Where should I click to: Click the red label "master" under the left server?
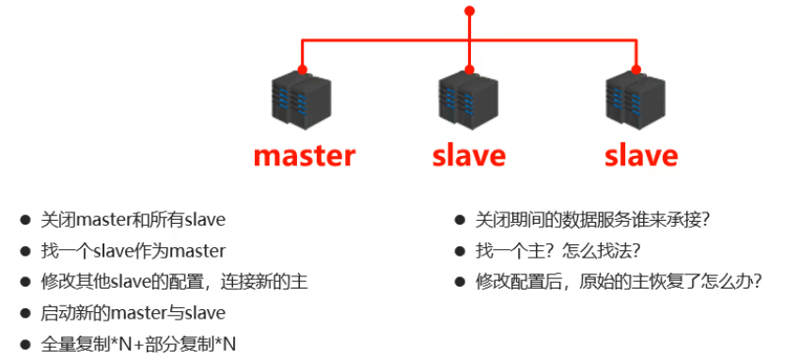(x=305, y=155)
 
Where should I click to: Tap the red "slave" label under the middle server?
(x=469, y=155)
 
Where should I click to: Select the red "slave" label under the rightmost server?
(x=640, y=155)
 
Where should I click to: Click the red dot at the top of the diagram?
(x=469, y=11)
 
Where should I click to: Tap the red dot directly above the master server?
(x=303, y=70)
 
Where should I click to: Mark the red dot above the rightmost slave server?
(x=636, y=70)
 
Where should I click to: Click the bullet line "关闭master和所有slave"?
(x=133, y=220)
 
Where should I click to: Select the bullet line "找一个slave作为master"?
(x=133, y=251)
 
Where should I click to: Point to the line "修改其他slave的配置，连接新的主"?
(x=174, y=281)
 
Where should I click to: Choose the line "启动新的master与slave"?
(x=133, y=312)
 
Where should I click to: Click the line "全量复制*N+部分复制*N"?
(x=138, y=343)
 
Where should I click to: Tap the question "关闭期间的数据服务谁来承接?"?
(x=592, y=220)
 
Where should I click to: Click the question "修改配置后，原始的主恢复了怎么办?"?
(x=619, y=281)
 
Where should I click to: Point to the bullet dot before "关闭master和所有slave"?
(x=25, y=220)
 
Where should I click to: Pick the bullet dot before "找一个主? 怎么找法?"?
(x=460, y=251)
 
